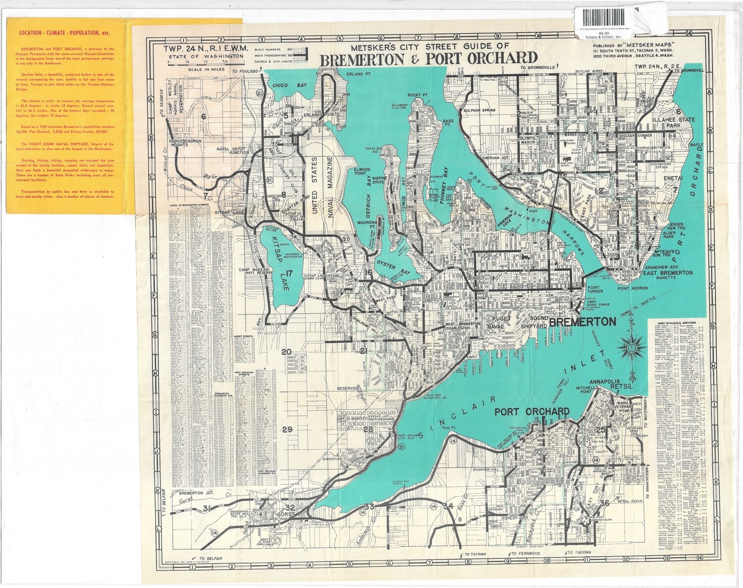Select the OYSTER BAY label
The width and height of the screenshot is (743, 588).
[394, 267]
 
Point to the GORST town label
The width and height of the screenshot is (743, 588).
[288, 514]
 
